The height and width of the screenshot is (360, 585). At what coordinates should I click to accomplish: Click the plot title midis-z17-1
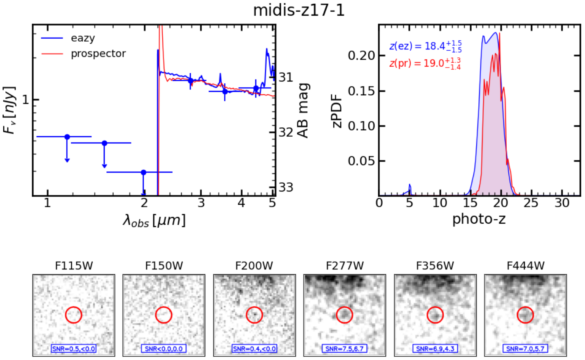click(x=299, y=10)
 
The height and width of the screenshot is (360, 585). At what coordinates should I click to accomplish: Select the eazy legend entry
click(x=82, y=38)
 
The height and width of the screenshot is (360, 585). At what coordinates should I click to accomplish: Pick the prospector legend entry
click(x=98, y=54)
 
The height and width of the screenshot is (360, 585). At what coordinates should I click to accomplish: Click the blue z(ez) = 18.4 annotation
click(x=425, y=46)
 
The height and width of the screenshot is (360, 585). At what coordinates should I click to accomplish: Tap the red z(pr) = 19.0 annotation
click(x=425, y=63)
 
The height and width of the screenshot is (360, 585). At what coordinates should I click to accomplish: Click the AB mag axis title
click(x=303, y=110)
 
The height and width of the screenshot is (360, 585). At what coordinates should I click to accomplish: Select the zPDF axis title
click(x=337, y=111)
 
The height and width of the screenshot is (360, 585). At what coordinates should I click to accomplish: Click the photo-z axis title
click(x=479, y=219)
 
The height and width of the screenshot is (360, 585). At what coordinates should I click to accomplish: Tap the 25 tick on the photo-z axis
click(x=531, y=203)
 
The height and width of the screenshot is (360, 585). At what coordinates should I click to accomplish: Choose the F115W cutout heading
click(x=74, y=266)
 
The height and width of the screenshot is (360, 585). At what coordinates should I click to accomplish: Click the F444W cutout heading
click(x=525, y=266)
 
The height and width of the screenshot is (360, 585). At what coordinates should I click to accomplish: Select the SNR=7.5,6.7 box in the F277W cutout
click(x=344, y=349)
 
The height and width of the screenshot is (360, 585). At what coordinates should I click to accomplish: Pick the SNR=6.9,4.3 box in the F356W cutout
click(x=435, y=349)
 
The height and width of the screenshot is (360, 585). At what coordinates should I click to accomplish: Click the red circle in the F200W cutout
click(x=254, y=315)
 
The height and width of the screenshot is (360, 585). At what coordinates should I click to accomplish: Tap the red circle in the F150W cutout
click(x=164, y=315)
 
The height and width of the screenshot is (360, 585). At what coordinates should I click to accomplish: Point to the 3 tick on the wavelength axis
click(x=201, y=203)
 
